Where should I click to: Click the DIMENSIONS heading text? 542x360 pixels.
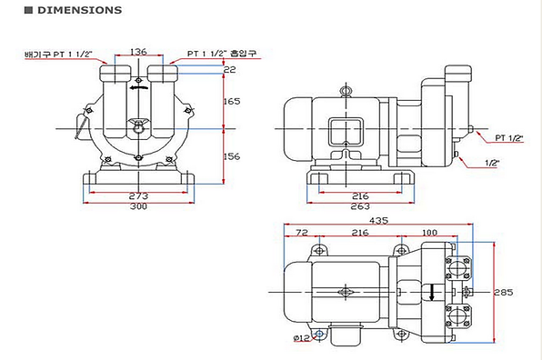(x=79, y=10)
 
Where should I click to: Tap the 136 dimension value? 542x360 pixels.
(x=138, y=52)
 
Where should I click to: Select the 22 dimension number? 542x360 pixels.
(x=229, y=70)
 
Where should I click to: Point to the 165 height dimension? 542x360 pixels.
(x=232, y=101)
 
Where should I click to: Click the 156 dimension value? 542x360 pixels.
(x=232, y=156)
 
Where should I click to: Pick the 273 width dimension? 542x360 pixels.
(x=138, y=195)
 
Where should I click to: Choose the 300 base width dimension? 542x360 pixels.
(x=138, y=206)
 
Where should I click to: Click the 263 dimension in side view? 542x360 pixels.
(x=360, y=206)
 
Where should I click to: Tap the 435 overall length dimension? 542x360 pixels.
(x=378, y=220)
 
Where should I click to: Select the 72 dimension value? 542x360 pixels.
(x=302, y=233)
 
